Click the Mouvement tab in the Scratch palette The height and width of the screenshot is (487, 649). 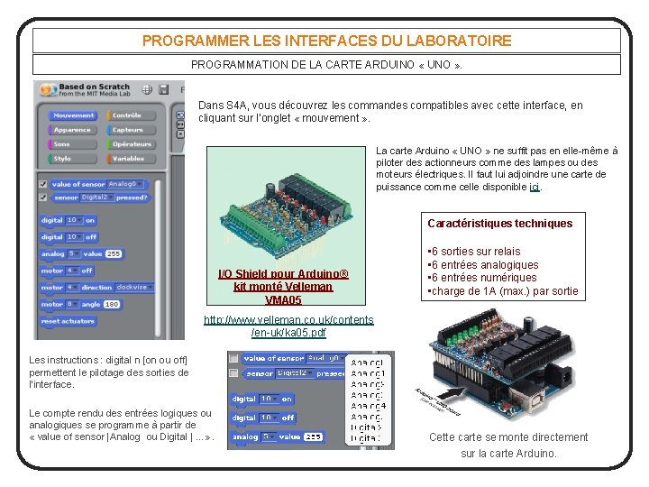coord(73,115)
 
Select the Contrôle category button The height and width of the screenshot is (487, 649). coord(127,115)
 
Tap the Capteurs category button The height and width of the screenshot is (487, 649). coord(128,130)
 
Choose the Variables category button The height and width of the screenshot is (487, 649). coord(128,159)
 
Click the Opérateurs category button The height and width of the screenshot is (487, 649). coord(132,144)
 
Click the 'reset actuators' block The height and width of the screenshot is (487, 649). coord(68,321)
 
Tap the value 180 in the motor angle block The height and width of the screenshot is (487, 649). coord(112,305)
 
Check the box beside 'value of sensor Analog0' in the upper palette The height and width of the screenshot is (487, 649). coord(43,183)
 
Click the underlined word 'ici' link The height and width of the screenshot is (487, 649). coord(535,188)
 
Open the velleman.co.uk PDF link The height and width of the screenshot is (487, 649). coord(289,326)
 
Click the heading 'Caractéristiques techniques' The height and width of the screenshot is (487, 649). coord(499,223)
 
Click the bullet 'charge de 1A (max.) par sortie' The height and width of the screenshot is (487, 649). coord(502,291)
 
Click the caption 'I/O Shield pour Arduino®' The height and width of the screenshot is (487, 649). coord(283,274)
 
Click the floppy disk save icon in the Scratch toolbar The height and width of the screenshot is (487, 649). coord(164,88)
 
